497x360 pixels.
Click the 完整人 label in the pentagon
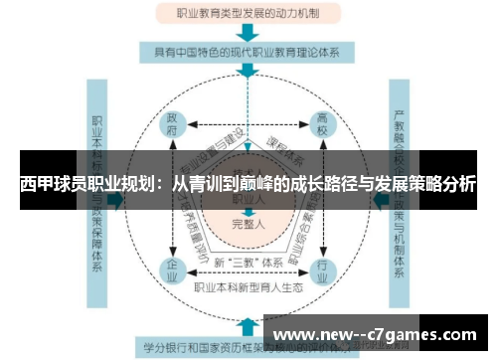tap(248, 223)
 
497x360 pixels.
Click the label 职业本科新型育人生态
tap(248, 286)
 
